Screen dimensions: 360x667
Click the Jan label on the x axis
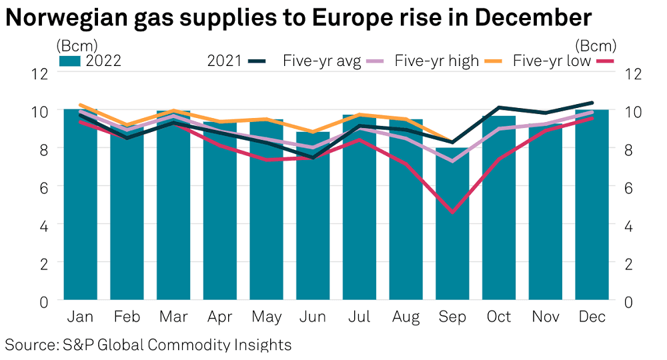tap(81, 317)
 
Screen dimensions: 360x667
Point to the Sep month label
tap(452, 317)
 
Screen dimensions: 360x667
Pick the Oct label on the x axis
tap(499, 317)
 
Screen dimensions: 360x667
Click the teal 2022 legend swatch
tap(69, 61)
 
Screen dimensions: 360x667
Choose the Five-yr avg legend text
tap(322, 61)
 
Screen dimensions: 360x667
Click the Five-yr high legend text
tap(437, 61)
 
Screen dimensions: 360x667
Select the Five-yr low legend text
tap(552, 61)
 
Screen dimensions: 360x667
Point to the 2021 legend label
tap(225, 61)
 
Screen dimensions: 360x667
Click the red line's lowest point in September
tap(452, 212)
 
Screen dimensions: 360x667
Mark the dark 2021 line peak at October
tap(499, 107)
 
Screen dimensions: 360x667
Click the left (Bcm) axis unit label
tap(77, 46)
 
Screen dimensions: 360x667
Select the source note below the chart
tap(149, 345)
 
